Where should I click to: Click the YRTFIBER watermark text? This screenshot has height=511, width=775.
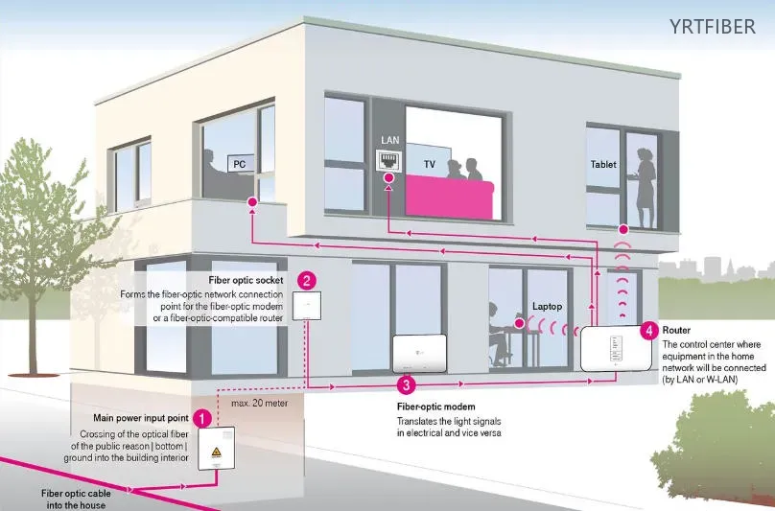tap(713, 27)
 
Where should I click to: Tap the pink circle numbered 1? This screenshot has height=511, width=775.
tap(202, 418)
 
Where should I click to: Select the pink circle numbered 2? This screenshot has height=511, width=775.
tap(306, 281)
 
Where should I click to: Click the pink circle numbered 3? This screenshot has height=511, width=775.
tap(407, 385)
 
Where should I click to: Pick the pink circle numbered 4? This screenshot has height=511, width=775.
tap(649, 331)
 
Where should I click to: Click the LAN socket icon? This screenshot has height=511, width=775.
tap(389, 159)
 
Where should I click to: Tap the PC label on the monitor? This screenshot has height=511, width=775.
tap(240, 164)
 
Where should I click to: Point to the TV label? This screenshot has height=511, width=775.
tap(430, 164)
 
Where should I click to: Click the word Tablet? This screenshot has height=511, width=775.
tap(603, 164)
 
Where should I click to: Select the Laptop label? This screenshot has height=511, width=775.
tap(547, 307)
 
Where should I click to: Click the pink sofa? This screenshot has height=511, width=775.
tap(449, 198)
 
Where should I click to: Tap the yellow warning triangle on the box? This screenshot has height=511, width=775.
tap(216, 452)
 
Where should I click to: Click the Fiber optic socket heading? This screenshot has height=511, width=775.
tap(246, 280)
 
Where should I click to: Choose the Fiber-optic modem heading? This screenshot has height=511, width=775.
tap(435, 406)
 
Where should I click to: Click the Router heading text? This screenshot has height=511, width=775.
tap(676, 330)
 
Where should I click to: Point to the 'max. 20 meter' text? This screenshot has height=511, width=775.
tap(260, 403)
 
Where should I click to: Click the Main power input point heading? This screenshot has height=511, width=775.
tap(141, 418)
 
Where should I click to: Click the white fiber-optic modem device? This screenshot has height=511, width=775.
tap(419, 353)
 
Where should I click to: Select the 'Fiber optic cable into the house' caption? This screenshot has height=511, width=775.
tap(76, 499)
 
